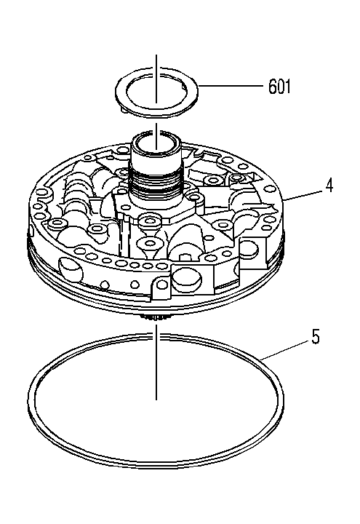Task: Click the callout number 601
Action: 279,86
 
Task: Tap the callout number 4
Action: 329,186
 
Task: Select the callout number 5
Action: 315,336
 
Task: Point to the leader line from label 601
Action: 231,86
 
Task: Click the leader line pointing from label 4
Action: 303,195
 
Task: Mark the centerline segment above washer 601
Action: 156,79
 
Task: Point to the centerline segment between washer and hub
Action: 156,136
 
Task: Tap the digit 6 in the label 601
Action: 272,87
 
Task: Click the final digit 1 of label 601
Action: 288,87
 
